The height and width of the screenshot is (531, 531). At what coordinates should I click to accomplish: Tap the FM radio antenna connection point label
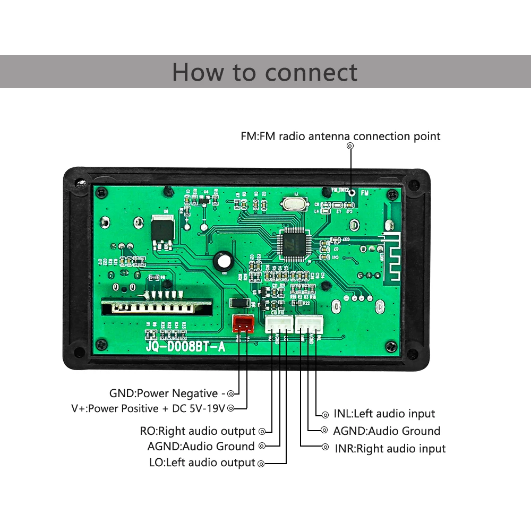tap(340, 136)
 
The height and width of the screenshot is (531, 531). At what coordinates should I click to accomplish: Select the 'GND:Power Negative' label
tap(164, 393)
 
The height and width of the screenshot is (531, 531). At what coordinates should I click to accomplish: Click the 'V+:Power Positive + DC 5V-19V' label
tap(149, 408)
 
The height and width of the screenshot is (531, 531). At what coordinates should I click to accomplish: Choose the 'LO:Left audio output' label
tap(202, 463)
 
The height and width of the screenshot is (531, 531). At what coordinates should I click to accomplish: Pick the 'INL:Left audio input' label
tap(384, 414)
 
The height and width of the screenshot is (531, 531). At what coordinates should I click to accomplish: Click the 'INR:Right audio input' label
tap(390, 449)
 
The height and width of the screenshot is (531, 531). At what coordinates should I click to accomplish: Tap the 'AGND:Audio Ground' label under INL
tap(387, 431)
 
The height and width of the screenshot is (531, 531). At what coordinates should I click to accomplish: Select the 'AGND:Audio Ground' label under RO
tap(201, 446)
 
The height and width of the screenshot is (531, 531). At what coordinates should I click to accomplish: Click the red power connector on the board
tap(243, 323)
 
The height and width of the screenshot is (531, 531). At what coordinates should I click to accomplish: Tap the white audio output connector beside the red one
tap(279, 324)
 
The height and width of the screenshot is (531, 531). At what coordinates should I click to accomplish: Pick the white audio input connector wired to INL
tap(309, 324)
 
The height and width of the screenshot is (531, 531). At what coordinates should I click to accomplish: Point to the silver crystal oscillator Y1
tap(291, 203)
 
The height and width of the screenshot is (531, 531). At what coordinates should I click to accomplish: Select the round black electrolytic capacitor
tap(224, 261)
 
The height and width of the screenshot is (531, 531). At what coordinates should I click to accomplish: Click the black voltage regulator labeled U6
tap(161, 232)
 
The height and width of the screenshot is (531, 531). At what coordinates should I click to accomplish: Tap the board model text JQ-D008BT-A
tap(186, 348)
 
